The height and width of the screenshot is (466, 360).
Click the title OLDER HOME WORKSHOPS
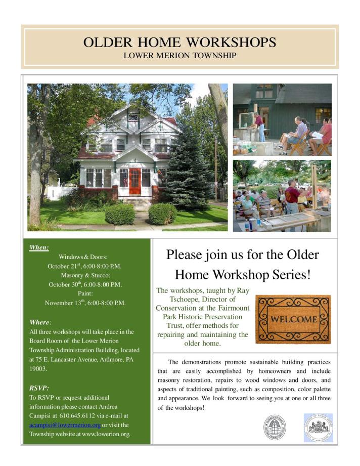click(x=179, y=42)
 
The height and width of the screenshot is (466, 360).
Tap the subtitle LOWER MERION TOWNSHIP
click(x=179, y=55)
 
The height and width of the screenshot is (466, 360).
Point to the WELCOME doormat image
click(x=293, y=320)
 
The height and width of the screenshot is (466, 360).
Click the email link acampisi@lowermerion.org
click(x=65, y=425)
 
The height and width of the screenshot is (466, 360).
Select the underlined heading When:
click(x=39, y=247)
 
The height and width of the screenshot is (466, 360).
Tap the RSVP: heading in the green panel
click(x=39, y=388)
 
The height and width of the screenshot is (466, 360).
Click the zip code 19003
click(x=38, y=369)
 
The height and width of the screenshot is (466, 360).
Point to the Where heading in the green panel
click(x=40, y=322)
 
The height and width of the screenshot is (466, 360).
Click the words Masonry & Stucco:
click(x=84, y=275)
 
